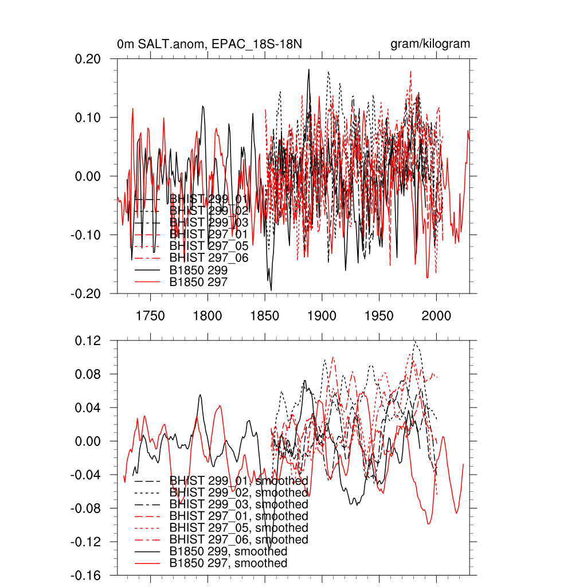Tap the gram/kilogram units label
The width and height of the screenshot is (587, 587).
coord(430,44)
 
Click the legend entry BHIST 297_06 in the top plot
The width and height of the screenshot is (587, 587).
coord(209,258)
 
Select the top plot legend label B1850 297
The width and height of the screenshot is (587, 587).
coord(198,281)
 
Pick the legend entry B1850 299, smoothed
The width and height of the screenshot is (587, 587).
coord(228,551)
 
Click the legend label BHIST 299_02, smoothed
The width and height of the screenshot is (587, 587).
coord(238,492)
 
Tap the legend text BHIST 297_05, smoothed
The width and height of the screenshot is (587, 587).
coord(238,528)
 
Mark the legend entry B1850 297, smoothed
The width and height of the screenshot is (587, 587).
coord(228,563)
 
